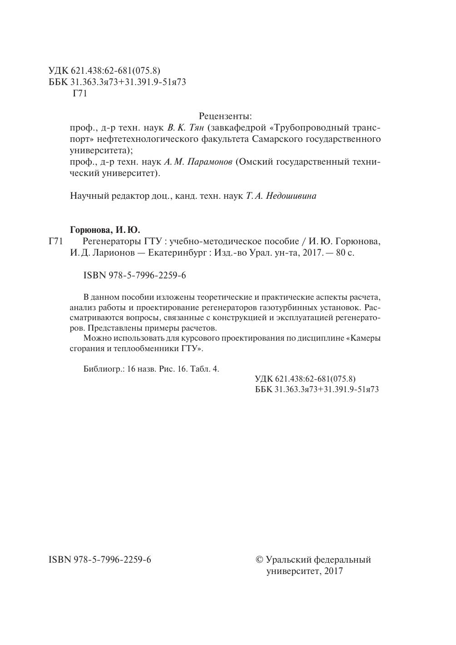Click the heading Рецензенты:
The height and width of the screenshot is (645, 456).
coord(225,116)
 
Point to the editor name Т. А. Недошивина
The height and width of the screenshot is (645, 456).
coord(281,196)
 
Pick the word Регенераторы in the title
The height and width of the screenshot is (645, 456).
coord(106,242)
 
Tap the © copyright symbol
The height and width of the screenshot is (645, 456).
coord(260,559)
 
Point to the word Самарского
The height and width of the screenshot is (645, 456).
coord(276,139)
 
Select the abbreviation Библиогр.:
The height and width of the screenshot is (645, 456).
coord(104,369)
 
